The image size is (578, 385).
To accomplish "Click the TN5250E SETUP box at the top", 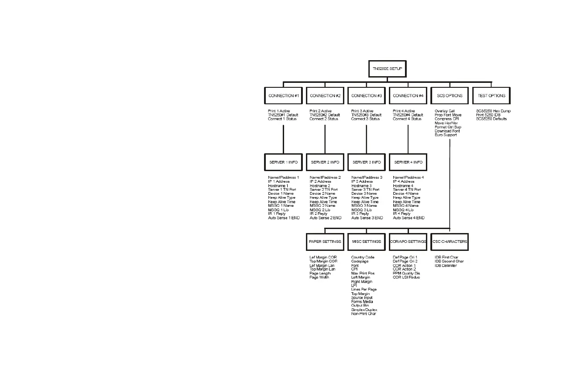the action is tap(387, 69).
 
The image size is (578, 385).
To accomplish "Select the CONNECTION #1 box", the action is tap(283, 96).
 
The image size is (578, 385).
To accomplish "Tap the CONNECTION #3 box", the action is tap(367, 96).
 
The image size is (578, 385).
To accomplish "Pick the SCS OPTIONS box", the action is tap(450, 96).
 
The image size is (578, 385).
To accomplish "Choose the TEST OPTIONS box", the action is tap(491, 96).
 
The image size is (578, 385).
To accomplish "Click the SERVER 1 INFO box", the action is tap(283, 162).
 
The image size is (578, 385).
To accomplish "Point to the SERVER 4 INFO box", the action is tap(408, 162).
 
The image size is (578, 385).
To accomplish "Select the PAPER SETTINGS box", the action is tap(325, 242).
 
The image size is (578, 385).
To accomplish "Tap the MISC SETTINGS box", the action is tap(366, 242).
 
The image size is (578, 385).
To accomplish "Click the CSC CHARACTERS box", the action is tap(450, 242).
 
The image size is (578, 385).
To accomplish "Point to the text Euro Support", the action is tap(446, 135).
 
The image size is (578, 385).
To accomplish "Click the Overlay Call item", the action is tap(445, 111).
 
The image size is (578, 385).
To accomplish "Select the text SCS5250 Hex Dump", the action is tap(493, 111).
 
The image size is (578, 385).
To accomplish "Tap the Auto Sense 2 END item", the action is tap(326, 218).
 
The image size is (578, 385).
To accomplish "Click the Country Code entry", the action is tap(363, 258).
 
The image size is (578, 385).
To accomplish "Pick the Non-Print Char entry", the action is tap(363, 314).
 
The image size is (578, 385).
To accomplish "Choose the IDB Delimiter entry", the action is tap(446, 266).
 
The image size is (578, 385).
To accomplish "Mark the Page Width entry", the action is tap(319, 278).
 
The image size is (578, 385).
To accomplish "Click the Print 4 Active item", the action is tap(404, 111).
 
